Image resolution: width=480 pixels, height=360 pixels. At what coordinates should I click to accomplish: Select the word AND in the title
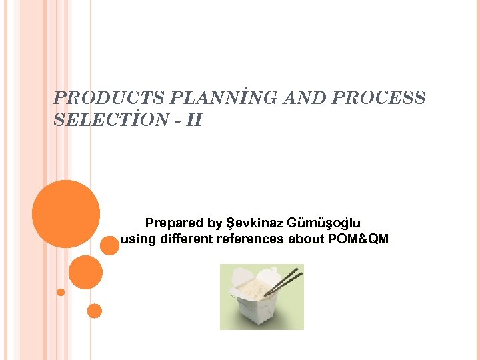tap(304, 98)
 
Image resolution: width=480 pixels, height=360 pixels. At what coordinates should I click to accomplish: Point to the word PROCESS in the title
tap(378, 98)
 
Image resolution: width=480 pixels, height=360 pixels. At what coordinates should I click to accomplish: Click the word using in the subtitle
tap(137, 239)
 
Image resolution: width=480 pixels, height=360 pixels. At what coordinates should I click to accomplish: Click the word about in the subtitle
tap(306, 239)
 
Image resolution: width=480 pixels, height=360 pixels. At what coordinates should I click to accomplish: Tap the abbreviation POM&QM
tap(359, 239)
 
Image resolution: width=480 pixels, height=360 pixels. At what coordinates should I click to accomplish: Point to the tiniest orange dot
tap(61, 292)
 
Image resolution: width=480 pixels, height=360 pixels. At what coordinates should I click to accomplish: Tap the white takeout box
tap(257, 303)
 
